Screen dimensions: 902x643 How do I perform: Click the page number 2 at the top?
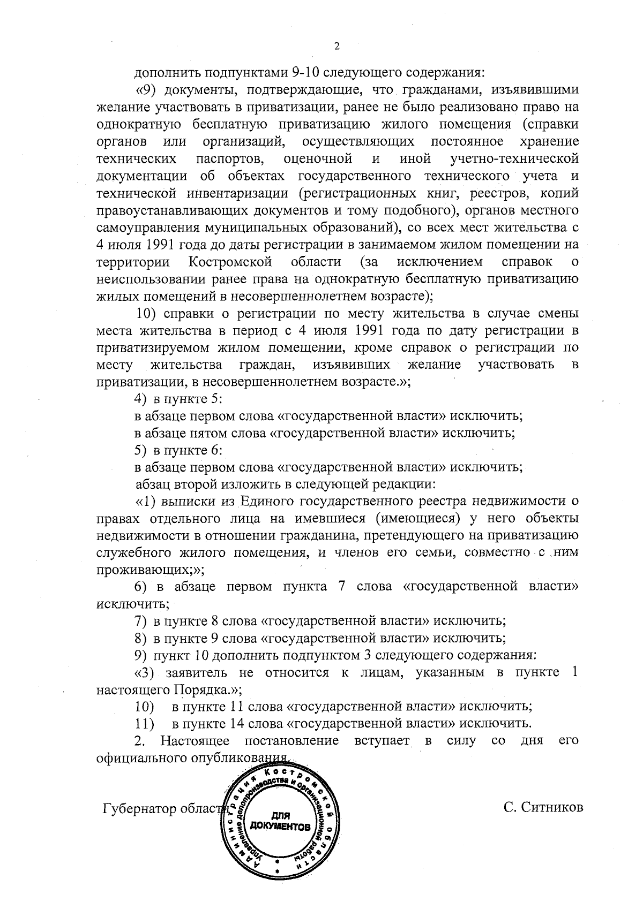(337, 46)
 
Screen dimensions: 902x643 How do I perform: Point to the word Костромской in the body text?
(231, 262)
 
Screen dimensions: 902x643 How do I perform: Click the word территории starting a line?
(133, 262)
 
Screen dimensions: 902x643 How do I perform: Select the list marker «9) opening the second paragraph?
(145, 89)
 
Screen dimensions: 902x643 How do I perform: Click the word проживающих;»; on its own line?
(149, 569)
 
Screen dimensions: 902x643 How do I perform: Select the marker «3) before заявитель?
(145, 672)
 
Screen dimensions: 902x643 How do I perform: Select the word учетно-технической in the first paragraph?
(514, 159)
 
